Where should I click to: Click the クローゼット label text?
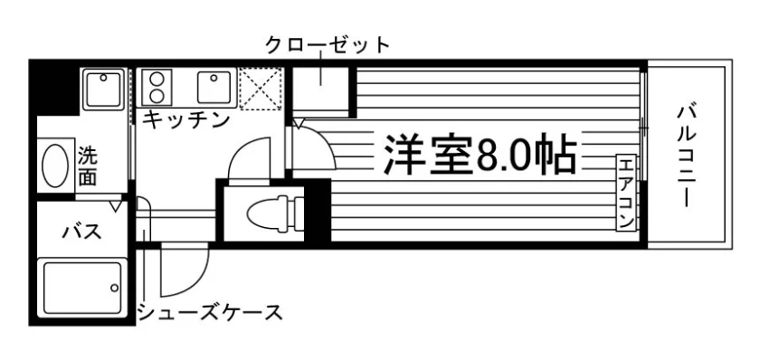point(328,44)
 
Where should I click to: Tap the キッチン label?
point(186,119)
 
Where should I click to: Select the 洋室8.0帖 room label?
point(480,154)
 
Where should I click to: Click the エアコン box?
point(626,193)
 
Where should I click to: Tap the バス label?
point(82,232)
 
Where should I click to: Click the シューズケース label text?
point(210,312)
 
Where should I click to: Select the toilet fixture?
point(274,213)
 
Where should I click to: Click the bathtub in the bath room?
point(82,289)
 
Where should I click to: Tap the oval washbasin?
point(55,166)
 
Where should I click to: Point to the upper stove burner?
point(157,79)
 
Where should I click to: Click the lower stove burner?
point(157,96)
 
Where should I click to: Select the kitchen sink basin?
point(214,87)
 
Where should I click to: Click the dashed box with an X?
point(261,88)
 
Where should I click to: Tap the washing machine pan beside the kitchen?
point(103,90)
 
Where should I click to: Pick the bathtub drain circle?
point(114,289)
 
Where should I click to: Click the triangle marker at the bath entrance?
point(116,206)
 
